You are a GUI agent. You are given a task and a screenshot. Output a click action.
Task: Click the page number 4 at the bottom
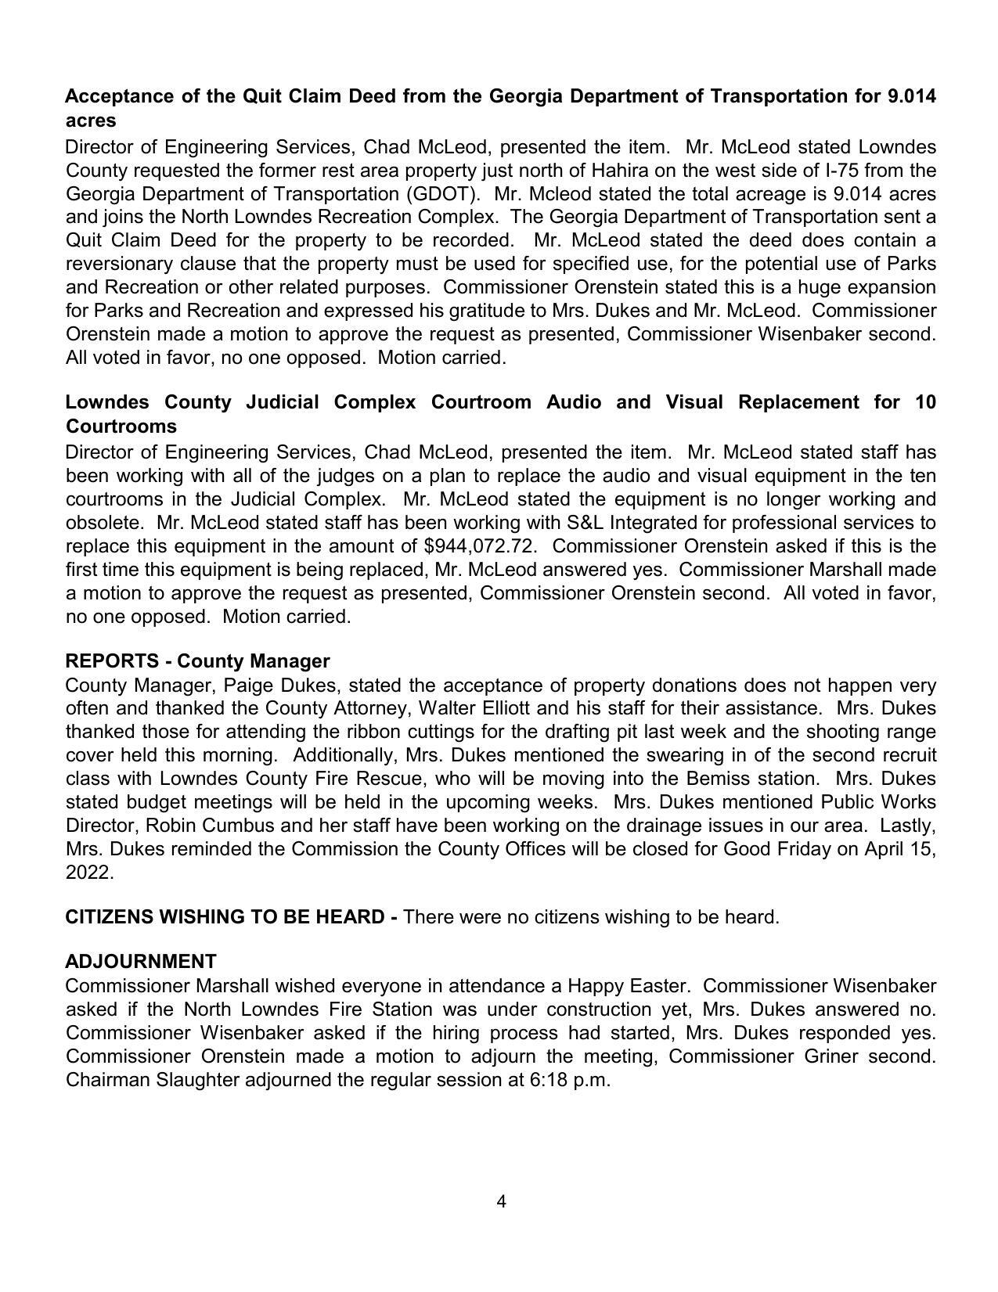pos(501,1201)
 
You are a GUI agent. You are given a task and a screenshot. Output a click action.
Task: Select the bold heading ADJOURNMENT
pos(141,961)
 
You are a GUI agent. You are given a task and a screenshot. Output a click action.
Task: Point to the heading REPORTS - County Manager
pos(197,661)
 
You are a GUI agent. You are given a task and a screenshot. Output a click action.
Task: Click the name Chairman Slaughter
pos(153,1080)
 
